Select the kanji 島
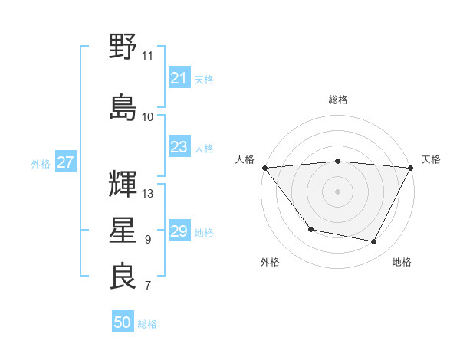point(123,107)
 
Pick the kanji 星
point(123,231)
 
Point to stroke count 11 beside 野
point(148,56)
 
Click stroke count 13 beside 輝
point(149,193)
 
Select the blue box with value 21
point(179,78)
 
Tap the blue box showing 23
point(179,147)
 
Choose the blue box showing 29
point(179,231)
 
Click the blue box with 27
point(65,162)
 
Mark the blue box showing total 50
point(123,322)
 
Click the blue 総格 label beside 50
point(147,324)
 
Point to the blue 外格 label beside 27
point(41,163)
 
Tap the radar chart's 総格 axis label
point(338,100)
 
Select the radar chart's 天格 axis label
point(431,159)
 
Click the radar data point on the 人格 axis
point(264,167)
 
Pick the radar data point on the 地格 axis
point(374,242)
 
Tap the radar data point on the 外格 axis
point(310,229)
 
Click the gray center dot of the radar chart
point(337,191)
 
